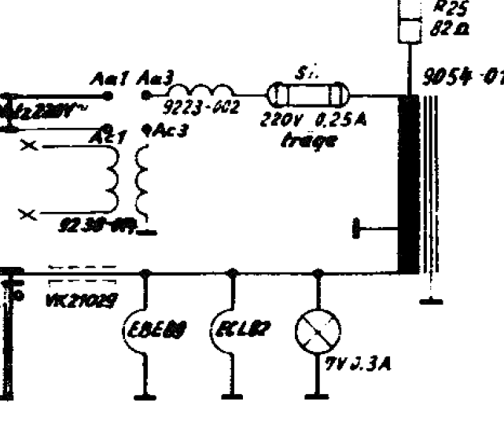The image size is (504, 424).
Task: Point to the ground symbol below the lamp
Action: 318,395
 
